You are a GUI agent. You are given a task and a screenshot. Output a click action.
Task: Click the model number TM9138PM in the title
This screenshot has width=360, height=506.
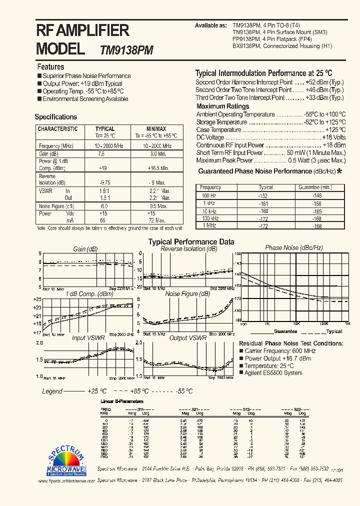pyautogui.click(x=126, y=50)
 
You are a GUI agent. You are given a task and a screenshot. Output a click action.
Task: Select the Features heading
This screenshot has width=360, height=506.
pyautogui.click(x=50, y=66)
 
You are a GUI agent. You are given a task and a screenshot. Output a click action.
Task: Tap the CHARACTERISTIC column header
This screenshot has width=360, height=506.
pyautogui.click(x=58, y=129)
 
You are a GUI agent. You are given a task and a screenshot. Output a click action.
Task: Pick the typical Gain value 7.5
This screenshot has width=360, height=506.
pyautogui.click(x=101, y=154)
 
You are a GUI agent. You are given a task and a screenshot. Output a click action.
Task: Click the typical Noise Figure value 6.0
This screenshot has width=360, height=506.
pyautogui.click(x=104, y=206)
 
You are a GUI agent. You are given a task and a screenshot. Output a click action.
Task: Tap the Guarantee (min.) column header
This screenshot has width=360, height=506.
pyautogui.click(x=315, y=187)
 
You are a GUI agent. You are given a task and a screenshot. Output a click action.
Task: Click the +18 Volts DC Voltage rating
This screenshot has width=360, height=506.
pyautogui.click(x=333, y=137)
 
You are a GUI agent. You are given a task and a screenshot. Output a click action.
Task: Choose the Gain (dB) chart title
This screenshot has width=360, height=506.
pyautogui.click(x=85, y=249)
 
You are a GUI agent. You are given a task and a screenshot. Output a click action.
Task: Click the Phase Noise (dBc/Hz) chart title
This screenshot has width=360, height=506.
pyautogui.click(x=294, y=248)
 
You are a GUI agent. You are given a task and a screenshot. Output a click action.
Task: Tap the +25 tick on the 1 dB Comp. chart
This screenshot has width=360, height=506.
pyautogui.click(x=37, y=299)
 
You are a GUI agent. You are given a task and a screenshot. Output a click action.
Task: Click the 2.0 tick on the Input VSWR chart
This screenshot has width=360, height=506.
pyautogui.click(x=39, y=343)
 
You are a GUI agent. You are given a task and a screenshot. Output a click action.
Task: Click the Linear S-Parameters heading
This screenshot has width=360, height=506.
pyautogui.click(x=122, y=401)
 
